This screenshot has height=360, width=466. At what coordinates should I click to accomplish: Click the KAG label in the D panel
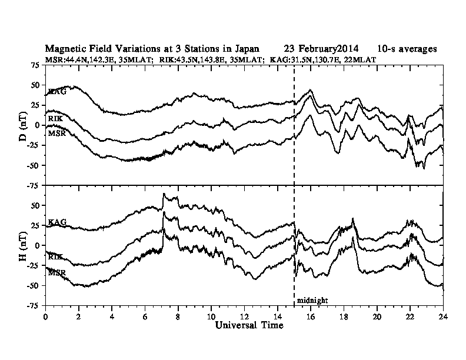pos(57,92)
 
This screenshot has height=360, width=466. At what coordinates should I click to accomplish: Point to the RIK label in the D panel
pos(55,119)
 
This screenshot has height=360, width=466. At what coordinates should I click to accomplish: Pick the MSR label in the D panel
pos(56,134)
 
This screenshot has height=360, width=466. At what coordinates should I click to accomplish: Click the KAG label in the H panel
pos(57,222)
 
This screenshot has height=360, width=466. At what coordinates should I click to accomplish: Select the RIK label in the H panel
pos(55,257)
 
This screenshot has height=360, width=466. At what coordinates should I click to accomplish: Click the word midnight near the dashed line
pos(312,300)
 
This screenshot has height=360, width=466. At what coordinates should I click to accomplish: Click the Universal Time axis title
pos(249,325)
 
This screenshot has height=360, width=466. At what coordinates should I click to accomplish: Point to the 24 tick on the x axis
pos(443,316)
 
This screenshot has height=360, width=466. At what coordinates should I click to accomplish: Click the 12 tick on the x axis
pos(244,316)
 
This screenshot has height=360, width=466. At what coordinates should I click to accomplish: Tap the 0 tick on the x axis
pos(46,316)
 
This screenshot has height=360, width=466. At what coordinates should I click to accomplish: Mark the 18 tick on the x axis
pos(344,316)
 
